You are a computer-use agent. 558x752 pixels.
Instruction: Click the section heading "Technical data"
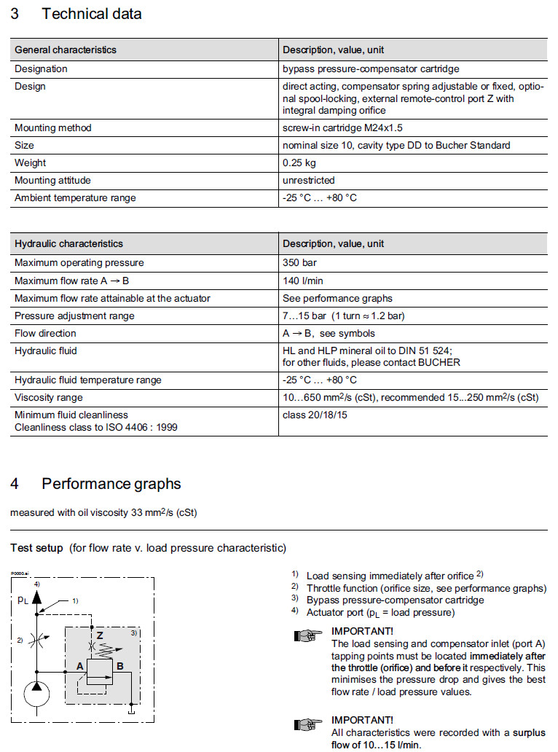[x=92, y=14]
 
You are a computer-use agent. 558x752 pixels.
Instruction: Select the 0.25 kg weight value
[x=299, y=162]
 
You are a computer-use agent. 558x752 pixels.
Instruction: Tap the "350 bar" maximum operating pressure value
[x=299, y=262]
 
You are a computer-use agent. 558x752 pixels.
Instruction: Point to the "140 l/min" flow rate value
[x=304, y=280]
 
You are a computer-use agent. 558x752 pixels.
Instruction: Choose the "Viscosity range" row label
[x=49, y=397]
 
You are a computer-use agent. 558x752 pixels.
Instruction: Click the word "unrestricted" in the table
[x=309, y=180]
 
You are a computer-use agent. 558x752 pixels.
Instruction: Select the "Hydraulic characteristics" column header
[x=68, y=243]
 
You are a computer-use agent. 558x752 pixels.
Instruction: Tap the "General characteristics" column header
[x=66, y=50]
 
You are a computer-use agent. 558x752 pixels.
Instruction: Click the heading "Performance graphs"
[x=111, y=484]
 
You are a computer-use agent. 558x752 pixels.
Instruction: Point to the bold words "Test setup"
[x=36, y=548]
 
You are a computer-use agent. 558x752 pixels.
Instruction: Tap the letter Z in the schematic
[x=100, y=635]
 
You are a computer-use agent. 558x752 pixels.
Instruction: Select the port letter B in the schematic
[x=119, y=665]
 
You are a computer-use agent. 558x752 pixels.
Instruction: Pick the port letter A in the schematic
[x=79, y=665]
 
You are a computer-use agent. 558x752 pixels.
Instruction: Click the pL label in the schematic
[x=23, y=602]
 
